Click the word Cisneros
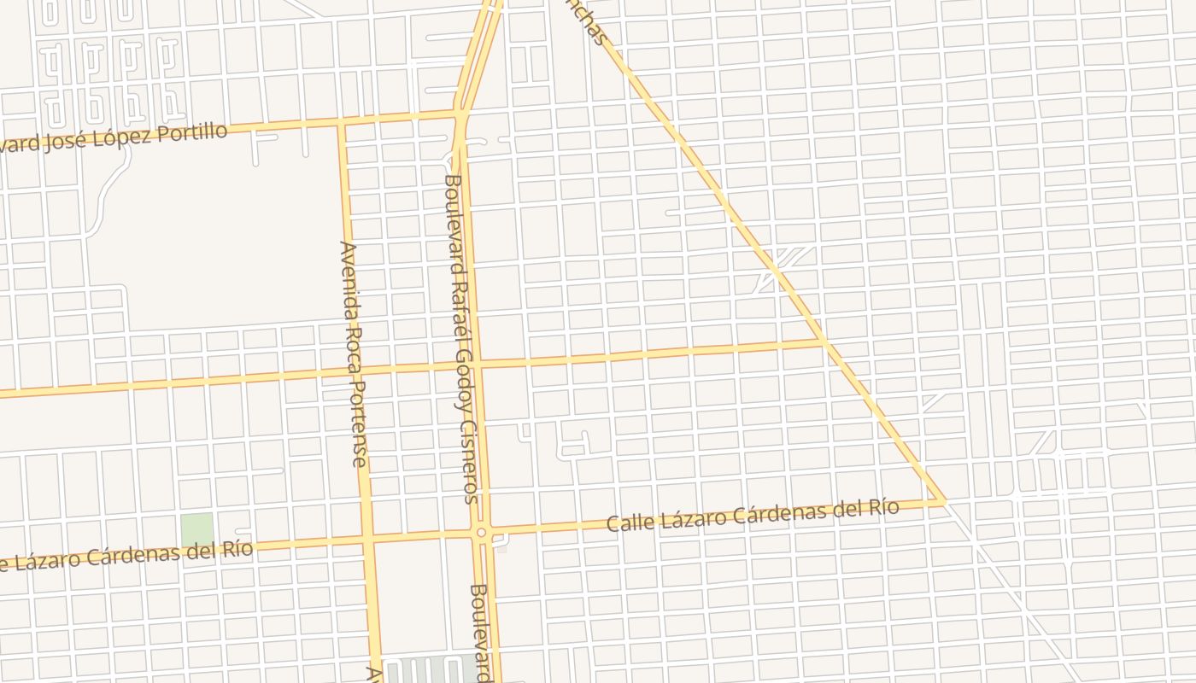pos(469,460)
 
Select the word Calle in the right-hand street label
pos(627,522)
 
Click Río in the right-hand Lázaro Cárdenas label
pos(883,508)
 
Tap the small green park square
pos(196,530)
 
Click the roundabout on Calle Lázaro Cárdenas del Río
pos(482,533)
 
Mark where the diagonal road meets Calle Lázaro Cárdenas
pos(942,501)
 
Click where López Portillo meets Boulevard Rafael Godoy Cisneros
pos(460,114)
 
